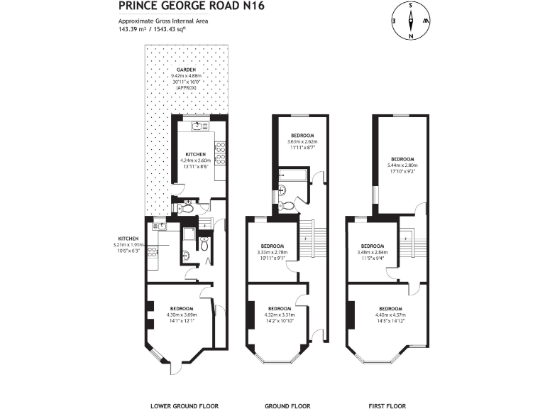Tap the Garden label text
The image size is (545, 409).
[187, 70]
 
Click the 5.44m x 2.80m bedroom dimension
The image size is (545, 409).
[402, 165]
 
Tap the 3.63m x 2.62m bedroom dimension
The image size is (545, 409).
[302, 142]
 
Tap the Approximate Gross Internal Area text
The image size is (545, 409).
[163, 21]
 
